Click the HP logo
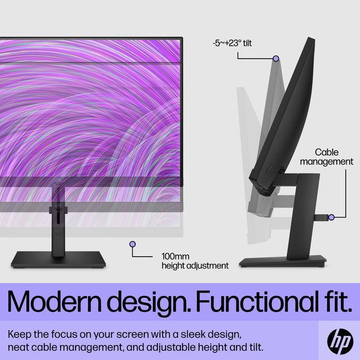pyautogui.click(x=340, y=340)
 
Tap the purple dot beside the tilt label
pyautogui.click(x=276, y=59)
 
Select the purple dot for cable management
pyautogui.click(x=331, y=217)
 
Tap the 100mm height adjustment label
pyautogui.click(x=195, y=261)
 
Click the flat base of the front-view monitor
pyautogui.click(x=58, y=259)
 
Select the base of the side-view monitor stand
pyautogui.click(x=282, y=261)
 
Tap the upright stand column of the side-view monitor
pyautogui.click(x=303, y=216)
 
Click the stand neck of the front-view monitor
pyautogui.click(x=58, y=226)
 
